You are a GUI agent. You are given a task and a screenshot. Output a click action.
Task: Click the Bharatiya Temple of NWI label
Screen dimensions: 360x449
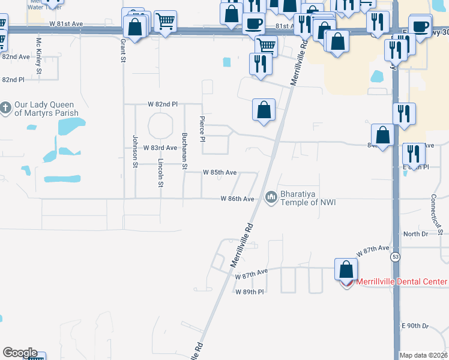(x=308, y=197)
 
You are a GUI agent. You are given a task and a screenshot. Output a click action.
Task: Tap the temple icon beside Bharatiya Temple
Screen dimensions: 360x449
(x=271, y=197)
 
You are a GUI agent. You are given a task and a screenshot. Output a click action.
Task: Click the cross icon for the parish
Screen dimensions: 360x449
(x=5, y=109)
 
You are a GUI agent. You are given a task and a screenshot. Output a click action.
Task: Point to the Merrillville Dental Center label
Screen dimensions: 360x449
(x=402, y=282)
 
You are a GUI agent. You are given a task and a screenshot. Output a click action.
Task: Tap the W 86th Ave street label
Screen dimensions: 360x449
(x=237, y=198)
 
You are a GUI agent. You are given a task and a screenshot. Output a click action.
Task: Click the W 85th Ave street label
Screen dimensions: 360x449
(x=220, y=172)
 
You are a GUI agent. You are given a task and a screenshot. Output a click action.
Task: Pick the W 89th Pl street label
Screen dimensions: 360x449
(x=250, y=292)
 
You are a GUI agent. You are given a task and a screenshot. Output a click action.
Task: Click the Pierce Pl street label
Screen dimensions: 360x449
(x=202, y=129)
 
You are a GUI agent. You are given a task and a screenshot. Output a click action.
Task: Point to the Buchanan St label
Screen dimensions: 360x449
(x=185, y=151)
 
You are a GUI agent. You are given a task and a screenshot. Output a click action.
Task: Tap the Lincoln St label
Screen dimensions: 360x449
(x=160, y=173)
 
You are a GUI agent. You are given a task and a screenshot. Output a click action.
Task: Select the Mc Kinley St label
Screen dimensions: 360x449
(x=39, y=56)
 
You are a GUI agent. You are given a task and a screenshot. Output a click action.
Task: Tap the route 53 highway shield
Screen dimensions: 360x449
(x=395, y=257)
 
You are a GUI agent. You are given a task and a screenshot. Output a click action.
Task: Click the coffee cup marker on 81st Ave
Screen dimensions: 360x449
(x=253, y=24)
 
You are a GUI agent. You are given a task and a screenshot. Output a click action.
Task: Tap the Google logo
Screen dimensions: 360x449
(x=19, y=353)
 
